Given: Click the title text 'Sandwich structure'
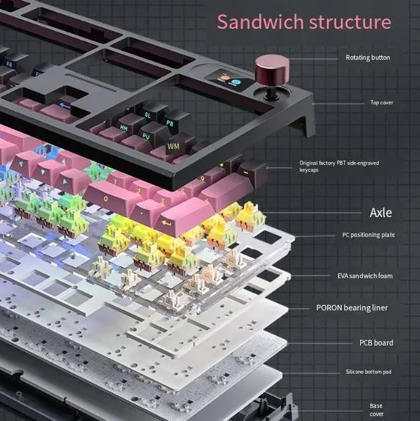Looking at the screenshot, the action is (304, 22).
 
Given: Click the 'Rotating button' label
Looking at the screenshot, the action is (367, 58).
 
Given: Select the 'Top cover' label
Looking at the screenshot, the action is (381, 102).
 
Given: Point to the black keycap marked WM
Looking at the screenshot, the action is (173, 145).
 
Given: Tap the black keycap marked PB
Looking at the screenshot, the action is (170, 123).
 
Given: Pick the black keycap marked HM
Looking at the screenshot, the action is (124, 127).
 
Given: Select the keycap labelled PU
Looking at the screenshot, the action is (146, 136).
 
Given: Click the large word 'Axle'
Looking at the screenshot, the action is (381, 213).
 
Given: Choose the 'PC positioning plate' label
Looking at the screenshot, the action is (368, 235).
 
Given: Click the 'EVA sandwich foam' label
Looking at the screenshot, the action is (365, 276).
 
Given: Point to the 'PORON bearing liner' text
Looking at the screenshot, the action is (352, 308).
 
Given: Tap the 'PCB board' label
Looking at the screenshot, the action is (376, 342).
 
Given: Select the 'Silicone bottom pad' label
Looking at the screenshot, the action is (368, 372).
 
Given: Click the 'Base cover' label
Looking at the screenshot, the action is (376, 410).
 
